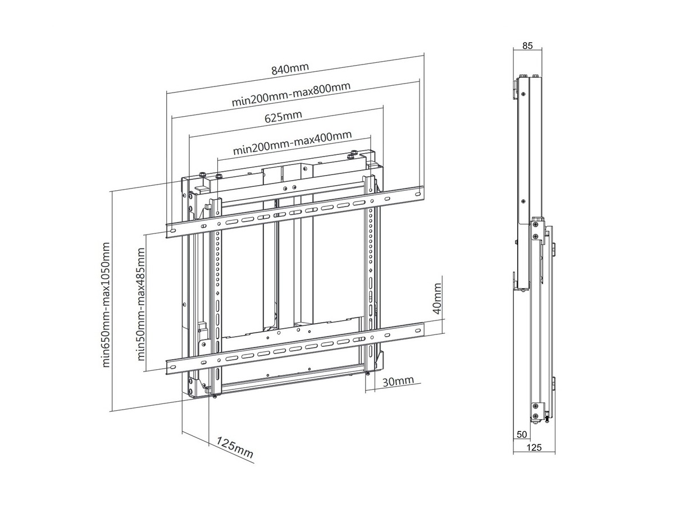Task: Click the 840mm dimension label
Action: coord(290,70)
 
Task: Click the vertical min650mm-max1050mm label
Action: coord(107,305)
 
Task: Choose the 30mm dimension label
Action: coord(398,382)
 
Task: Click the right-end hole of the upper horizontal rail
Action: coord(417,192)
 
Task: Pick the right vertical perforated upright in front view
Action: coord(371,264)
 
